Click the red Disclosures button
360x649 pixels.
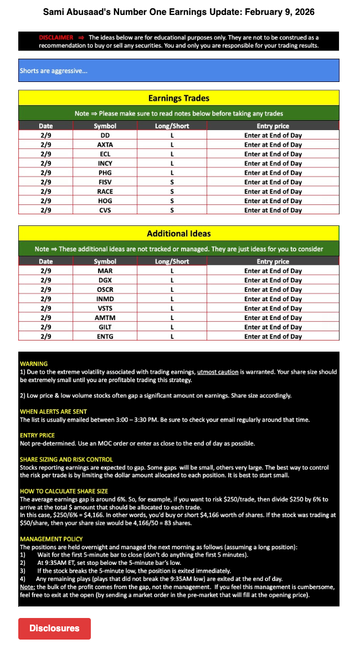(x=54, y=629)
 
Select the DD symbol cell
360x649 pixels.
(x=105, y=135)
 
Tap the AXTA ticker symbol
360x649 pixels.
(x=105, y=145)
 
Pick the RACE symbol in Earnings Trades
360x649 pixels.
(x=105, y=192)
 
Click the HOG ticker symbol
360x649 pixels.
(x=105, y=201)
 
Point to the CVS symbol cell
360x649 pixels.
(x=105, y=210)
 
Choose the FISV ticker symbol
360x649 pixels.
(x=105, y=182)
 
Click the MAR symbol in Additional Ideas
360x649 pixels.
(x=105, y=271)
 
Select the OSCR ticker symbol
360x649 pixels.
(x=105, y=290)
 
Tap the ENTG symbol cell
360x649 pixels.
(x=105, y=337)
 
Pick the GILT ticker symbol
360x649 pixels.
(x=105, y=327)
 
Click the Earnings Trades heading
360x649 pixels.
(x=178, y=98)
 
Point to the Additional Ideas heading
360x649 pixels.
(x=178, y=233)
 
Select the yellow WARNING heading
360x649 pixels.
(x=33, y=364)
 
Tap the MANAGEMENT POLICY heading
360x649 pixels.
(x=51, y=539)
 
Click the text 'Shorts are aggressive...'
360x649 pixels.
(x=54, y=71)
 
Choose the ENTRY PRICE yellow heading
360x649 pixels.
(x=37, y=436)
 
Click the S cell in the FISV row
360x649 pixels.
(x=172, y=182)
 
